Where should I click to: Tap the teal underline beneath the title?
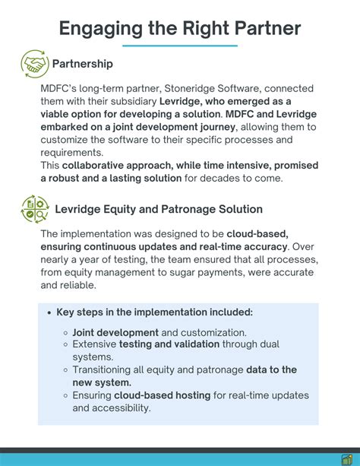coord(179,46)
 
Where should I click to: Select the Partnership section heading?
coord(82,64)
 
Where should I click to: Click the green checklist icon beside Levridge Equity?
coord(33,208)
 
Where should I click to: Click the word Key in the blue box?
coord(66,312)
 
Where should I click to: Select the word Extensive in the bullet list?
coord(94,344)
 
